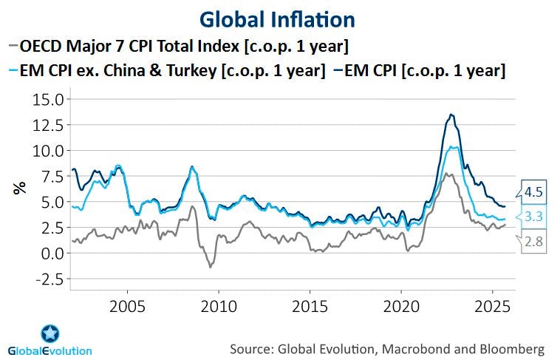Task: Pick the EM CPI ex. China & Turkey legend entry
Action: point(170,71)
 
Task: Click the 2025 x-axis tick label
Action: point(493,305)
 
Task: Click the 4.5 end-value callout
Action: point(534,192)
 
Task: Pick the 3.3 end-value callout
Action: point(534,217)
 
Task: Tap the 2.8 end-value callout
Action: point(534,241)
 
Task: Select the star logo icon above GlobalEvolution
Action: point(50,333)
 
